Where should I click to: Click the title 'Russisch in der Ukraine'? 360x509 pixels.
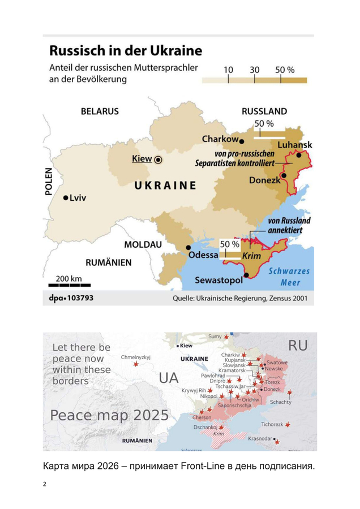(x=125, y=51)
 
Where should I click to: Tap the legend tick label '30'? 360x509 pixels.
(x=255, y=70)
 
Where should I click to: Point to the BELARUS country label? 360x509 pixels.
(x=100, y=111)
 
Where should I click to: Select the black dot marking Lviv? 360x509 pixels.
(x=66, y=197)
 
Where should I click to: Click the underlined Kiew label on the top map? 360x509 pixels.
(x=142, y=159)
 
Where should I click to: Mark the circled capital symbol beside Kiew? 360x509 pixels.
(x=158, y=160)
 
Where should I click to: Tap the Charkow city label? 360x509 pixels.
(x=220, y=139)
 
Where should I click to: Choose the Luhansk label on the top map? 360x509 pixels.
(x=295, y=145)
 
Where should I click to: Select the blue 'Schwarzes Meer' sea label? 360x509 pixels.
(x=289, y=277)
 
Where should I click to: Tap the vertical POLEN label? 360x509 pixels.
(x=48, y=182)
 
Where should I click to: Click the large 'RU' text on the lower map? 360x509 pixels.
(x=298, y=345)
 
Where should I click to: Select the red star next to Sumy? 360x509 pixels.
(x=227, y=337)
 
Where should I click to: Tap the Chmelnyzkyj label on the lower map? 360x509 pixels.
(x=135, y=357)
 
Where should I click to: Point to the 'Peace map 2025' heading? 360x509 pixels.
(x=109, y=415)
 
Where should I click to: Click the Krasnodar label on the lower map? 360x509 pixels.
(x=260, y=438)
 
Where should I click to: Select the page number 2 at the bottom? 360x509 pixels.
(x=45, y=485)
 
